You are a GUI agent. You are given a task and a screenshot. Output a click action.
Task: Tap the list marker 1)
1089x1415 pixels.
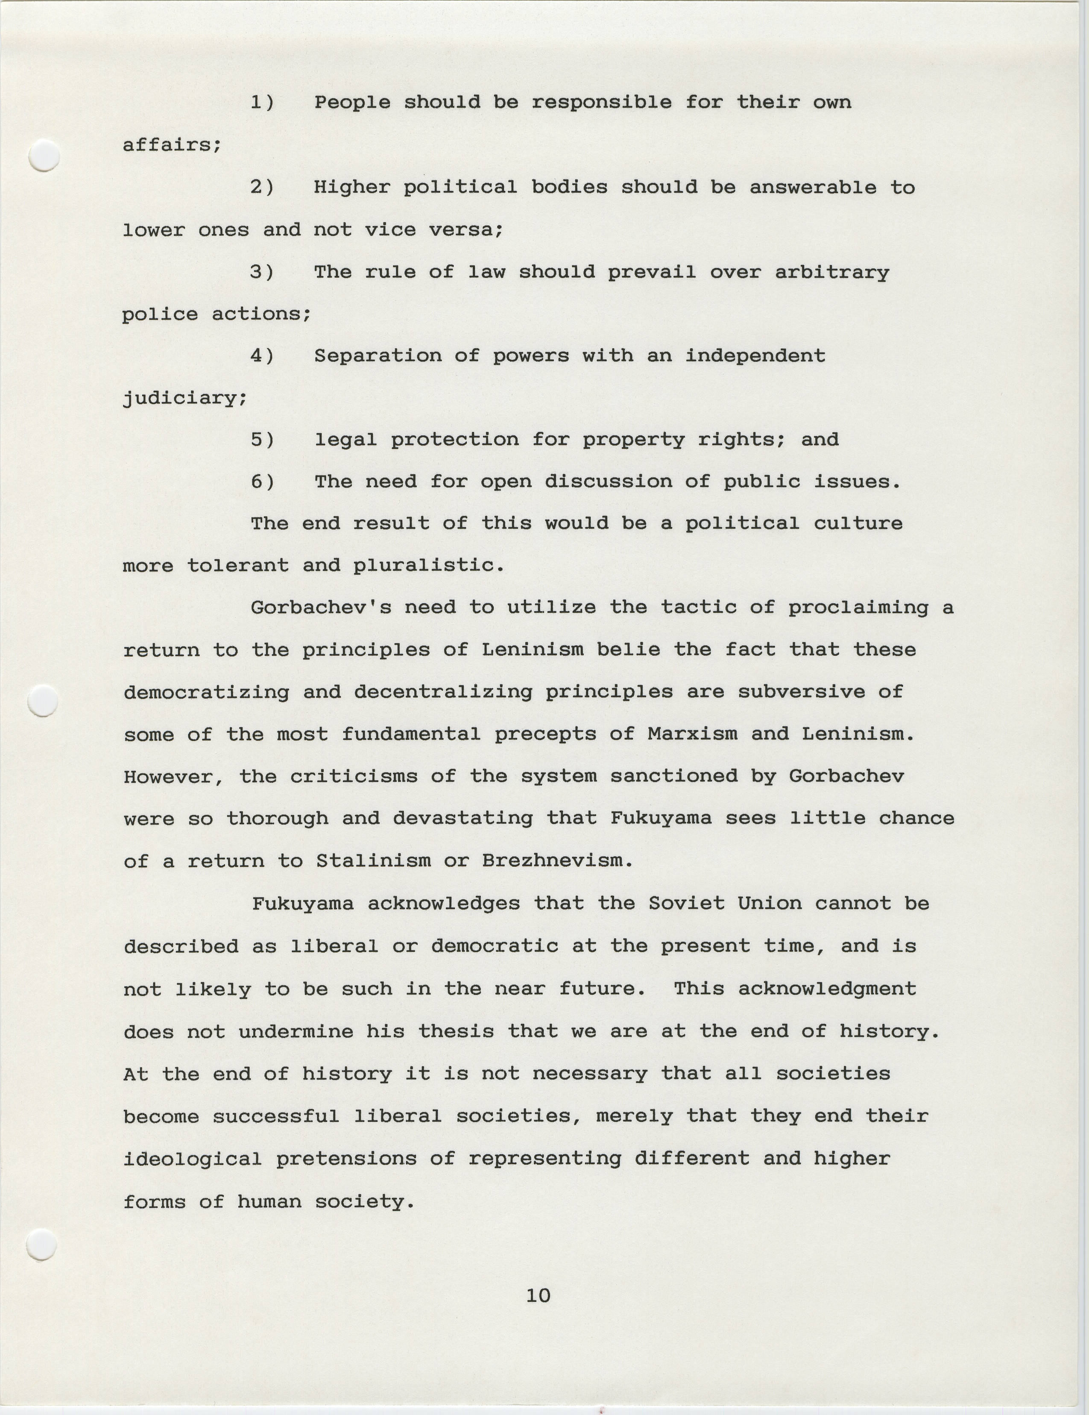click(262, 103)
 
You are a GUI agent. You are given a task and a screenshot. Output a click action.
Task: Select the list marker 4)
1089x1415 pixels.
click(262, 356)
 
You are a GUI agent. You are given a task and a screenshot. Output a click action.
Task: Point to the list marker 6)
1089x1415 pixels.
click(262, 482)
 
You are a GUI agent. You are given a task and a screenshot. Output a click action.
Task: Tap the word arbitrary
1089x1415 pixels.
click(832, 273)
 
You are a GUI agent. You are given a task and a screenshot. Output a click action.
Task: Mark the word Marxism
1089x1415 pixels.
click(692, 734)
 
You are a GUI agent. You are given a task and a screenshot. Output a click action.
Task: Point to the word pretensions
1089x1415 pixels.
click(346, 1158)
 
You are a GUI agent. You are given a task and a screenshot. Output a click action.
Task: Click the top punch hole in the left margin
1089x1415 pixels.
click(45, 156)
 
